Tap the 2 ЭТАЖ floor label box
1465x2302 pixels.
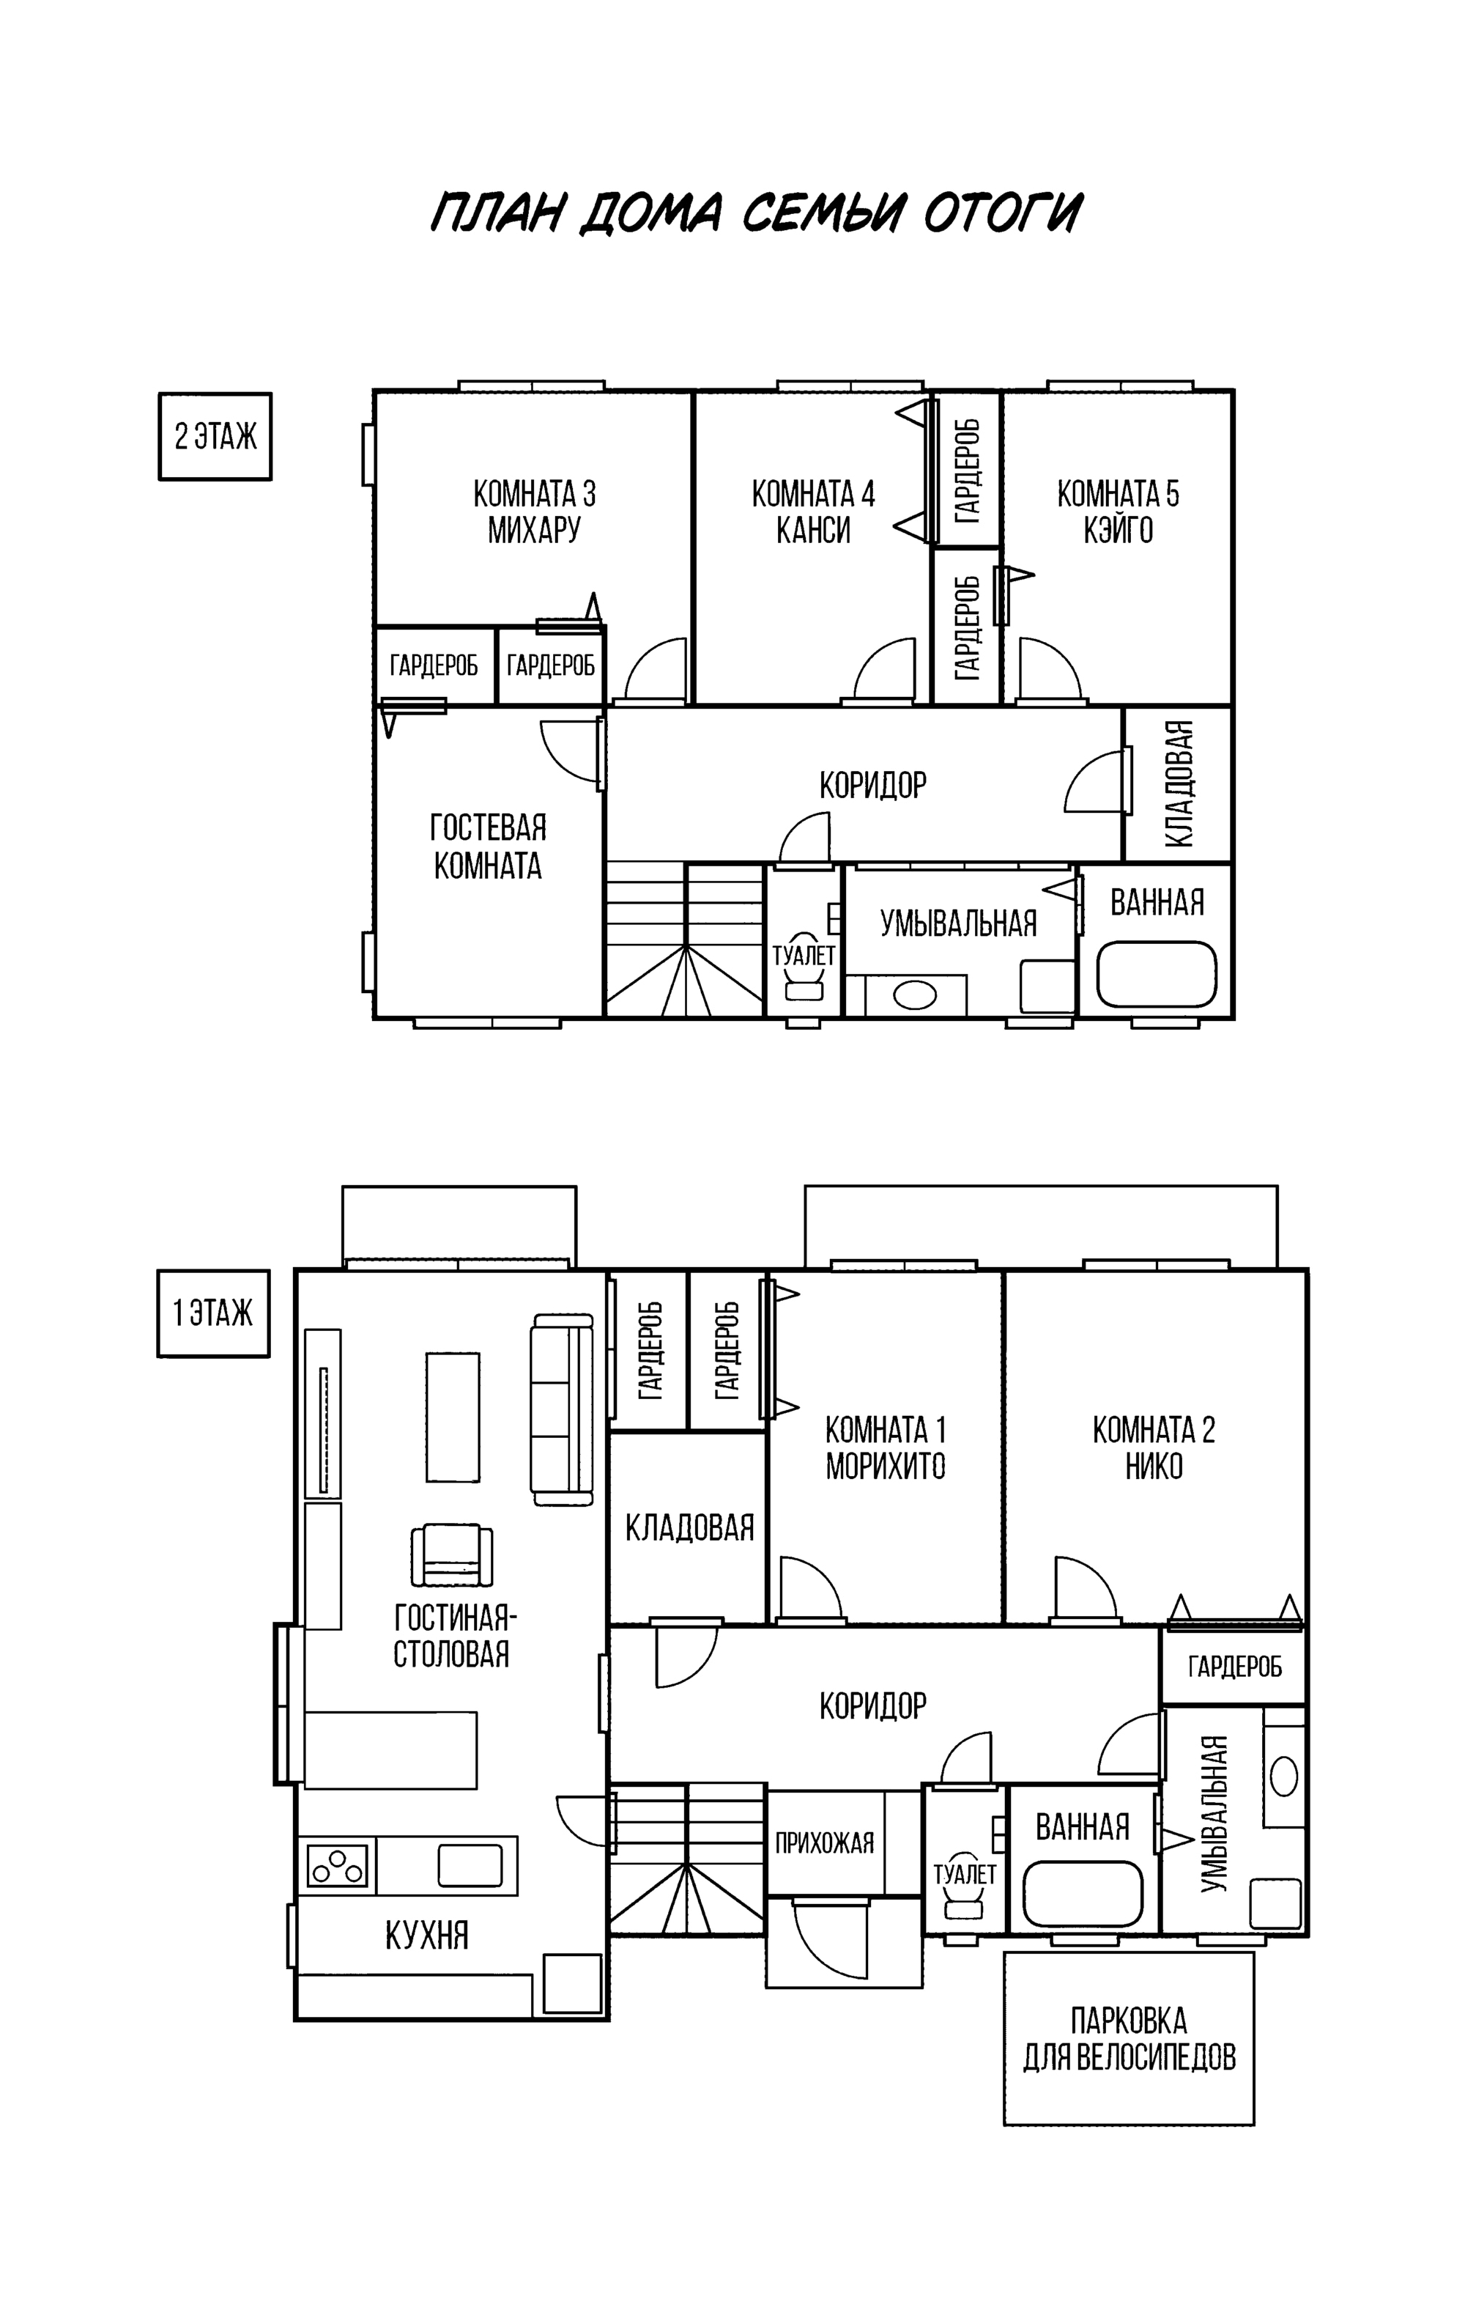215,436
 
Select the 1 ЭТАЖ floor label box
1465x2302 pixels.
213,1313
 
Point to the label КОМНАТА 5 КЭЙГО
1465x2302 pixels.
1118,512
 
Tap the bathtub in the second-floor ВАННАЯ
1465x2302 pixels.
1157,973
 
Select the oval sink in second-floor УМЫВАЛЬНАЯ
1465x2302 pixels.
915,995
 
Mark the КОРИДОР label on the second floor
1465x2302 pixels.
872,785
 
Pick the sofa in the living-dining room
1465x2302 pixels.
562,1408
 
